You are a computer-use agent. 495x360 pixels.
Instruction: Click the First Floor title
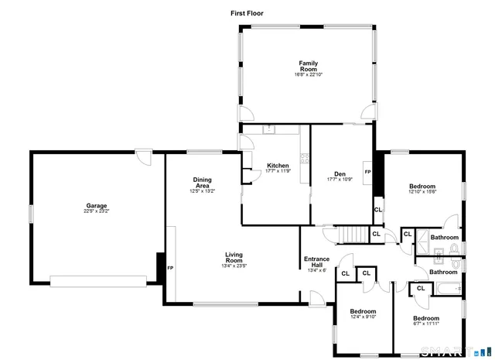click(247, 13)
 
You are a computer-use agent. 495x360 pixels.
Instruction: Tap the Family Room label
click(309, 67)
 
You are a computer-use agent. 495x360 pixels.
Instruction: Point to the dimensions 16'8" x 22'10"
click(308, 74)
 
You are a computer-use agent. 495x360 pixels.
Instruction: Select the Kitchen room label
click(278, 165)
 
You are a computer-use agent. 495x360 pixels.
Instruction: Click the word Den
click(340, 173)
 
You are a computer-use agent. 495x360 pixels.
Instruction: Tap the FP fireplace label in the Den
click(368, 172)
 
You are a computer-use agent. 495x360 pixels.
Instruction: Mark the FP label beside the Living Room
click(170, 268)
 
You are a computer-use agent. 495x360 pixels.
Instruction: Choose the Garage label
click(97, 206)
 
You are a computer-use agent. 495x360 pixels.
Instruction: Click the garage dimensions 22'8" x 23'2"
click(97, 212)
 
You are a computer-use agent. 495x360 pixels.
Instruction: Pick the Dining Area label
click(203, 183)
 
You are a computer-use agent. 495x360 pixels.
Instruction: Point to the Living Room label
click(234, 258)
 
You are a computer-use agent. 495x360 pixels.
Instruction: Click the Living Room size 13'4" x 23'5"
click(234, 267)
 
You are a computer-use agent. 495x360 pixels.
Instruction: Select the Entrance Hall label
click(317, 262)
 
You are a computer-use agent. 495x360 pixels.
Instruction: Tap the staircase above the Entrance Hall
click(352, 234)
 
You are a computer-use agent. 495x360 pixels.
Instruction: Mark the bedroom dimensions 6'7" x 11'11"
click(425, 324)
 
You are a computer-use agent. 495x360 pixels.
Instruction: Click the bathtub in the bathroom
click(447, 290)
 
